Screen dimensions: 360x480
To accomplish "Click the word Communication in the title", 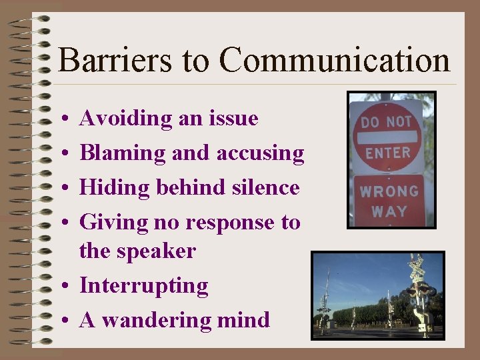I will [335, 60].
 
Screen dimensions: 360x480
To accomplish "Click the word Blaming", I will [123, 153].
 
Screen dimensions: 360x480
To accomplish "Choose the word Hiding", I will [115, 188].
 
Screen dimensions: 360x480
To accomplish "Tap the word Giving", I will [113, 223].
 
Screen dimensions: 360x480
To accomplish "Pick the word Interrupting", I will [143, 286].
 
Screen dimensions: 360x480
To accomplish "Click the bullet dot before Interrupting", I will [61, 287].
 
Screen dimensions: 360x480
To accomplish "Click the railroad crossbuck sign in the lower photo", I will [417, 269].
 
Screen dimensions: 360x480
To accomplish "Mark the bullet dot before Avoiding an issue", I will [61, 119].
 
